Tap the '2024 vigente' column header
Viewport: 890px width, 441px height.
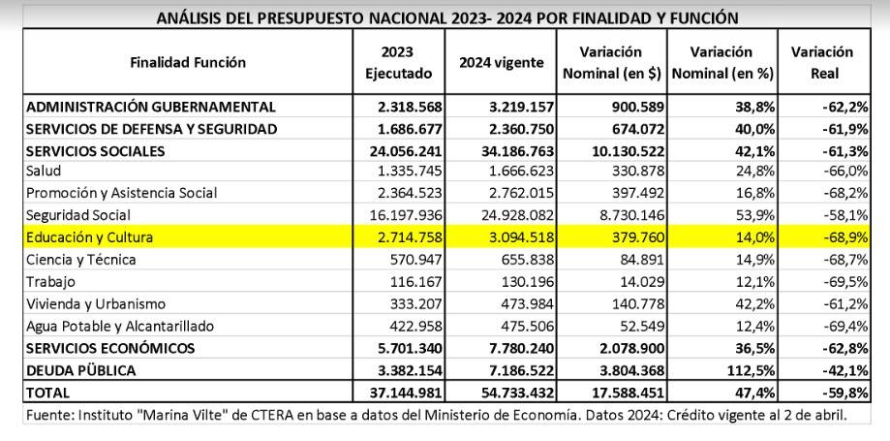click(501, 62)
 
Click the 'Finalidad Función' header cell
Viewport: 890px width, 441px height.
click(188, 62)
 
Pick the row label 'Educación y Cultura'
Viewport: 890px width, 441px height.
click(89, 236)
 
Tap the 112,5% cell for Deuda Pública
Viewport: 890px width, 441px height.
click(752, 370)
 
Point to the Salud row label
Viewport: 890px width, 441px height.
click(44, 171)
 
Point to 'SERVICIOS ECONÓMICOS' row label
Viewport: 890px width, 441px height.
click(110, 348)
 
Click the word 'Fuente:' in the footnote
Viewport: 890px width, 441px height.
click(48, 415)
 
